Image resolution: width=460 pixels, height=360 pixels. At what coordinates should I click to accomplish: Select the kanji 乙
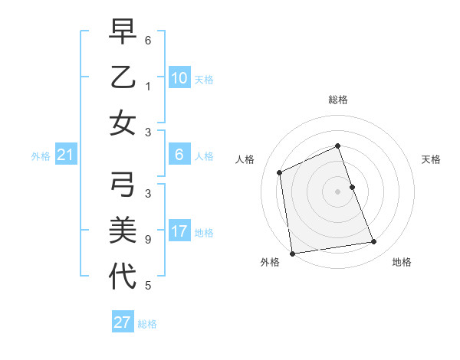123,78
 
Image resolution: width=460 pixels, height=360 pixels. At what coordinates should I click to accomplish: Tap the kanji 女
123,123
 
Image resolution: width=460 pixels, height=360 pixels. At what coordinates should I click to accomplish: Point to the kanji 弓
123,186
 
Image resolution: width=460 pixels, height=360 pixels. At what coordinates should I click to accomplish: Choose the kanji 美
123,231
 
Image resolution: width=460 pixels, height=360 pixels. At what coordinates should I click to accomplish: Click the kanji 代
123,276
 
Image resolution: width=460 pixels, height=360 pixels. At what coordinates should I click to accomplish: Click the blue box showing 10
179,78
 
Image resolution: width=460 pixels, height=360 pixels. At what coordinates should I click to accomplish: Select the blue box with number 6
179,155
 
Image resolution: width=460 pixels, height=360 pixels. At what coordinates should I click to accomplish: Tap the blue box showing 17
179,231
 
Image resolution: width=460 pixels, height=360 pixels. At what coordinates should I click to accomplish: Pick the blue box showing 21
65,155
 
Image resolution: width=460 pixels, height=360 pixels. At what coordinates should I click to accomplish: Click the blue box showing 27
122,322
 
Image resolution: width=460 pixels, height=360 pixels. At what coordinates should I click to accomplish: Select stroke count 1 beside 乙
148,87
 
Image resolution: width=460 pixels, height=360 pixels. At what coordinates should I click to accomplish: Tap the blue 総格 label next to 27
147,324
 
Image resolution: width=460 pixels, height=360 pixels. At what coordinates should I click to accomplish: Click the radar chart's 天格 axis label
431,159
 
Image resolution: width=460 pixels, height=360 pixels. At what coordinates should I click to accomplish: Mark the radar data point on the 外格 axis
292,254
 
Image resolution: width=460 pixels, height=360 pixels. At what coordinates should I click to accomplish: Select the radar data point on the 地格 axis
374,242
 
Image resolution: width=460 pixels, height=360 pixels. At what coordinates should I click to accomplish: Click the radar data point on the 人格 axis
280,172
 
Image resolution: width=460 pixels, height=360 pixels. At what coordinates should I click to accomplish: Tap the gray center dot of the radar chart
337,191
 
